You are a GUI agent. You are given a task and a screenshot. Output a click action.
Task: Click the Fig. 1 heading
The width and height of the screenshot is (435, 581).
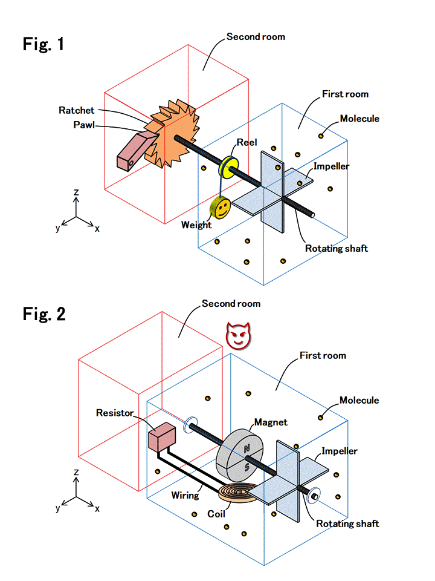click(x=43, y=44)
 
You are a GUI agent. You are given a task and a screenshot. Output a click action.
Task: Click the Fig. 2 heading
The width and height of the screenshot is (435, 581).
click(x=44, y=313)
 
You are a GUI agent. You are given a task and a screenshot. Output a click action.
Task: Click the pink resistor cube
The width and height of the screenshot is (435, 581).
click(x=161, y=438)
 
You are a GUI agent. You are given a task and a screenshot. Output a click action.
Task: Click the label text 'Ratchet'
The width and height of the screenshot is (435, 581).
click(x=77, y=110)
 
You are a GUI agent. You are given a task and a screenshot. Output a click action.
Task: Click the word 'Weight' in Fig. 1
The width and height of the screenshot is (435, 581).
click(x=196, y=225)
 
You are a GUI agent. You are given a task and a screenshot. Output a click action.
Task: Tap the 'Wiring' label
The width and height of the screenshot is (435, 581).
click(x=185, y=495)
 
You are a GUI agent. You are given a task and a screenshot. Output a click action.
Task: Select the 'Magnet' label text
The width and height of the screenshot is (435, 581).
click(x=270, y=422)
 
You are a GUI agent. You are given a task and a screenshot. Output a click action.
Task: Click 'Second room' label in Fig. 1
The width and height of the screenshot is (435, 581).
click(x=256, y=37)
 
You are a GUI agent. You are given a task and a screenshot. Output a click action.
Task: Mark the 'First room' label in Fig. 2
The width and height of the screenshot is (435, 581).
click(x=323, y=355)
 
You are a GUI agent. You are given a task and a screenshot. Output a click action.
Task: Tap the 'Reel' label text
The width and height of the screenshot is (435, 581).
click(x=247, y=143)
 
